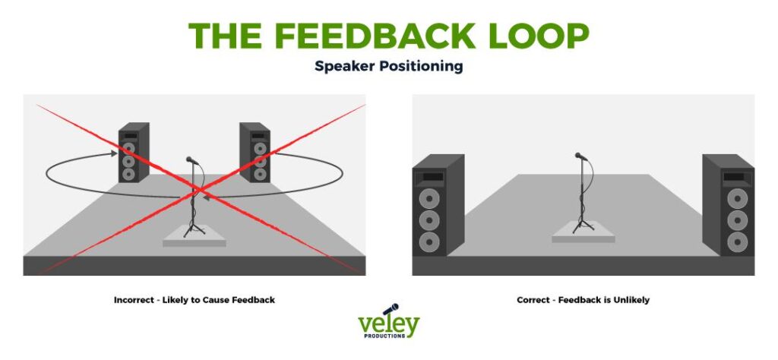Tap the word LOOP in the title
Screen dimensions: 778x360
(x=539, y=35)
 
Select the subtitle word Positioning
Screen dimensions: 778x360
(x=422, y=66)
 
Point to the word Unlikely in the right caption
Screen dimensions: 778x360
(x=631, y=300)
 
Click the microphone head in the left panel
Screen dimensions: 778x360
(x=191, y=160)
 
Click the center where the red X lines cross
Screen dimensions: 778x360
(x=200, y=189)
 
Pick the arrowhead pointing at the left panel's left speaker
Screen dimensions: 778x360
(x=114, y=154)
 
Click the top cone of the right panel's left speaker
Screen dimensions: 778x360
(x=429, y=198)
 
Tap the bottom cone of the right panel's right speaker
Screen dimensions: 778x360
(x=737, y=242)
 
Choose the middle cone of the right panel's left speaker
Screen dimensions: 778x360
(x=429, y=220)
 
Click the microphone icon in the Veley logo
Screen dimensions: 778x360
(x=390, y=309)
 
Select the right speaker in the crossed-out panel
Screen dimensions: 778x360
(x=255, y=152)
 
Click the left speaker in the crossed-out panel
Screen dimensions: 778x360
(x=134, y=152)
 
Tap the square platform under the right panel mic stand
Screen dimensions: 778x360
(x=583, y=232)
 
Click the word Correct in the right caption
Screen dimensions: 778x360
(x=533, y=300)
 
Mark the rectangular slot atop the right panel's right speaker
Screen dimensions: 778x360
(x=733, y=176)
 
